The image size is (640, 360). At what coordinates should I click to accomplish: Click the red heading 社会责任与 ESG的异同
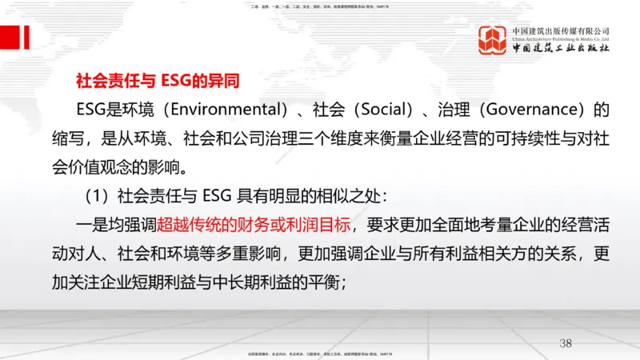(x=157, y=81)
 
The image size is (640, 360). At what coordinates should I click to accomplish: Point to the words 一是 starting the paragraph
(x=93, y=226)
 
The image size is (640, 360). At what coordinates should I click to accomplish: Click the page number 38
(x=566, y=343)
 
